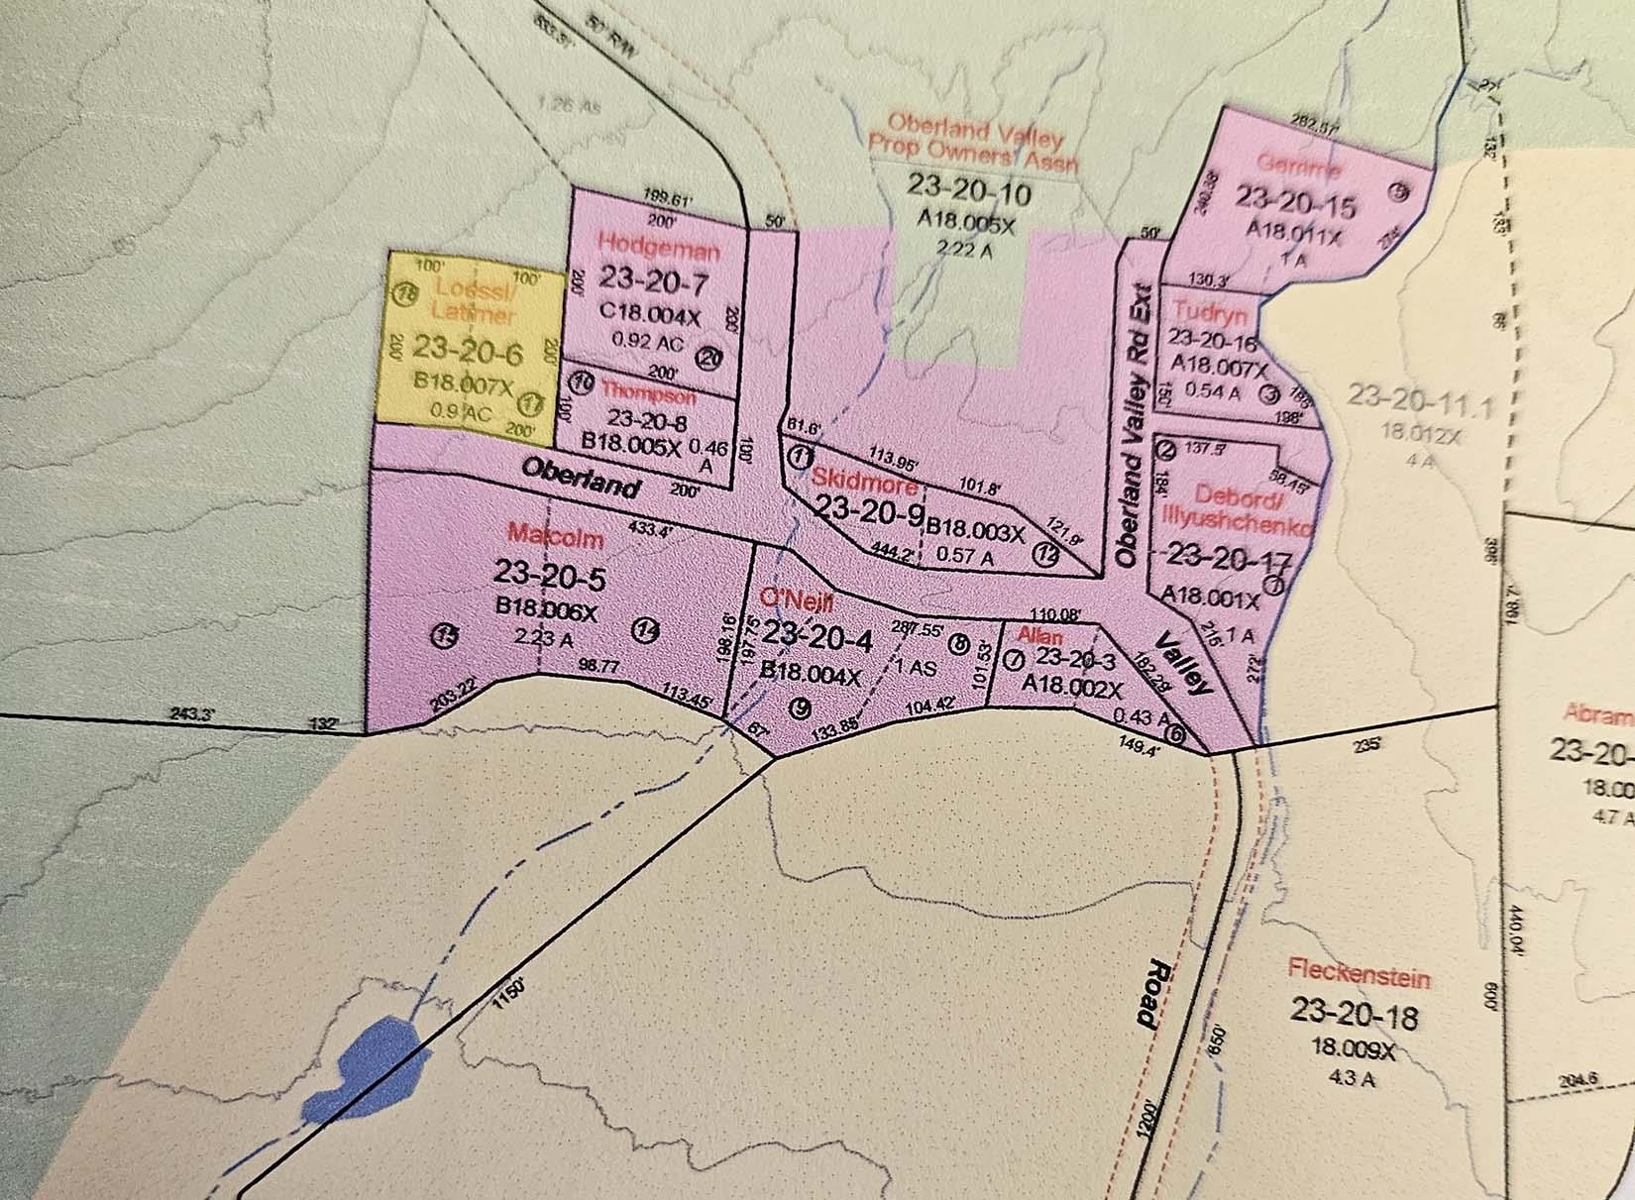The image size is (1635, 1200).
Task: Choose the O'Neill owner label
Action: (x=796, y=600)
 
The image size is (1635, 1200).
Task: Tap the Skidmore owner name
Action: (x=865, y=478)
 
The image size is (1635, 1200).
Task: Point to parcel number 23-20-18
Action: (x=1355, y=1013)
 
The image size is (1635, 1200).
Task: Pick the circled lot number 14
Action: (x=647, y=629)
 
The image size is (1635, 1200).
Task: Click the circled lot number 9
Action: (x=802, y=708)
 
